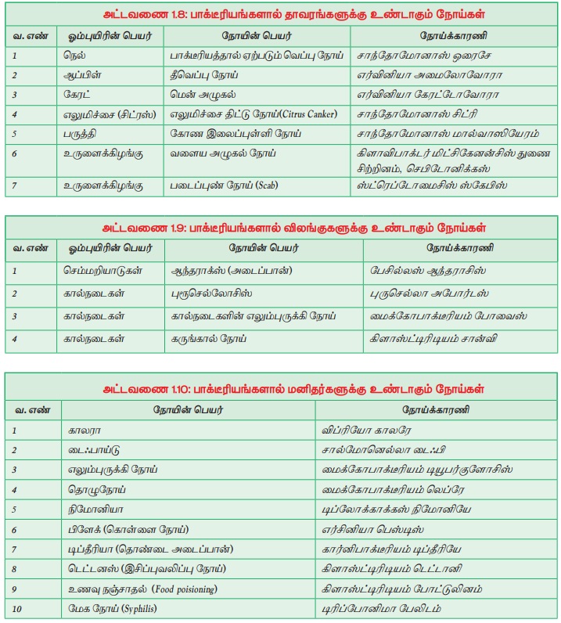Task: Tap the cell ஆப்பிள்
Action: click(x=82, y=75)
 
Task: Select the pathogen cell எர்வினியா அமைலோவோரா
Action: click(x=428, y=75)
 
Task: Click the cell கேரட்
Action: click(x=78, y=95)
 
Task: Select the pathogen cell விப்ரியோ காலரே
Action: click(x=367, y=430)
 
